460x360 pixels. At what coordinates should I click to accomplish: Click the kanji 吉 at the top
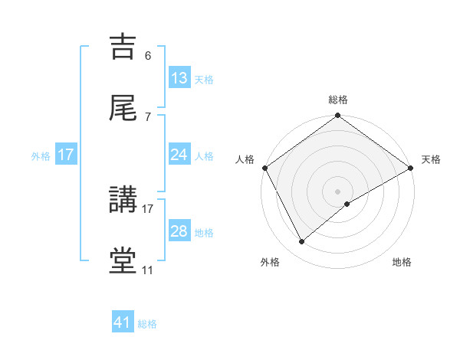(x=123, y=47)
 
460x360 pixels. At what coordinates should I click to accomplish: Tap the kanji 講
(x=123, y=201)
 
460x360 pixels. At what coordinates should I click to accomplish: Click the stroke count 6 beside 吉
(x=148, y=56)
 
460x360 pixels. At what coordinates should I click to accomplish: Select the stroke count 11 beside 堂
(x=148, y=270)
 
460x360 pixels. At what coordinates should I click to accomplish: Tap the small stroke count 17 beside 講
(x=148, y=208)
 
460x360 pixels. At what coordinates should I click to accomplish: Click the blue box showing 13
(x=179, y=78)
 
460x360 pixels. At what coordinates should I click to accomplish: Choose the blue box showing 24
(x=179, y=155)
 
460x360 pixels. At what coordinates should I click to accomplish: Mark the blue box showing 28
(x=179, y=231)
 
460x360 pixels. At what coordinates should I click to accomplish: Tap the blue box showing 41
(x=123, y=322)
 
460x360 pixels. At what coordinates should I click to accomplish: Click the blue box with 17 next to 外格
(x=66, y=155)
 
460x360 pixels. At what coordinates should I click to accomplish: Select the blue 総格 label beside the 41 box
(x=148, y=324)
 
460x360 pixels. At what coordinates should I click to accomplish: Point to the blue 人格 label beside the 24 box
(x=204, y=155)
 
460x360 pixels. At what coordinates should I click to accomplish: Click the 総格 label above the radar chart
(x=338, y=100)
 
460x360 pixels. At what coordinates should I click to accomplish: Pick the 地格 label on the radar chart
(x=402, y=263)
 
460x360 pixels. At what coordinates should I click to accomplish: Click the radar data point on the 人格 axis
(x=264, y=168)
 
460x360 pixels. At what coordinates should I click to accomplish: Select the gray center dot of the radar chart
(x=338, y=191)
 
